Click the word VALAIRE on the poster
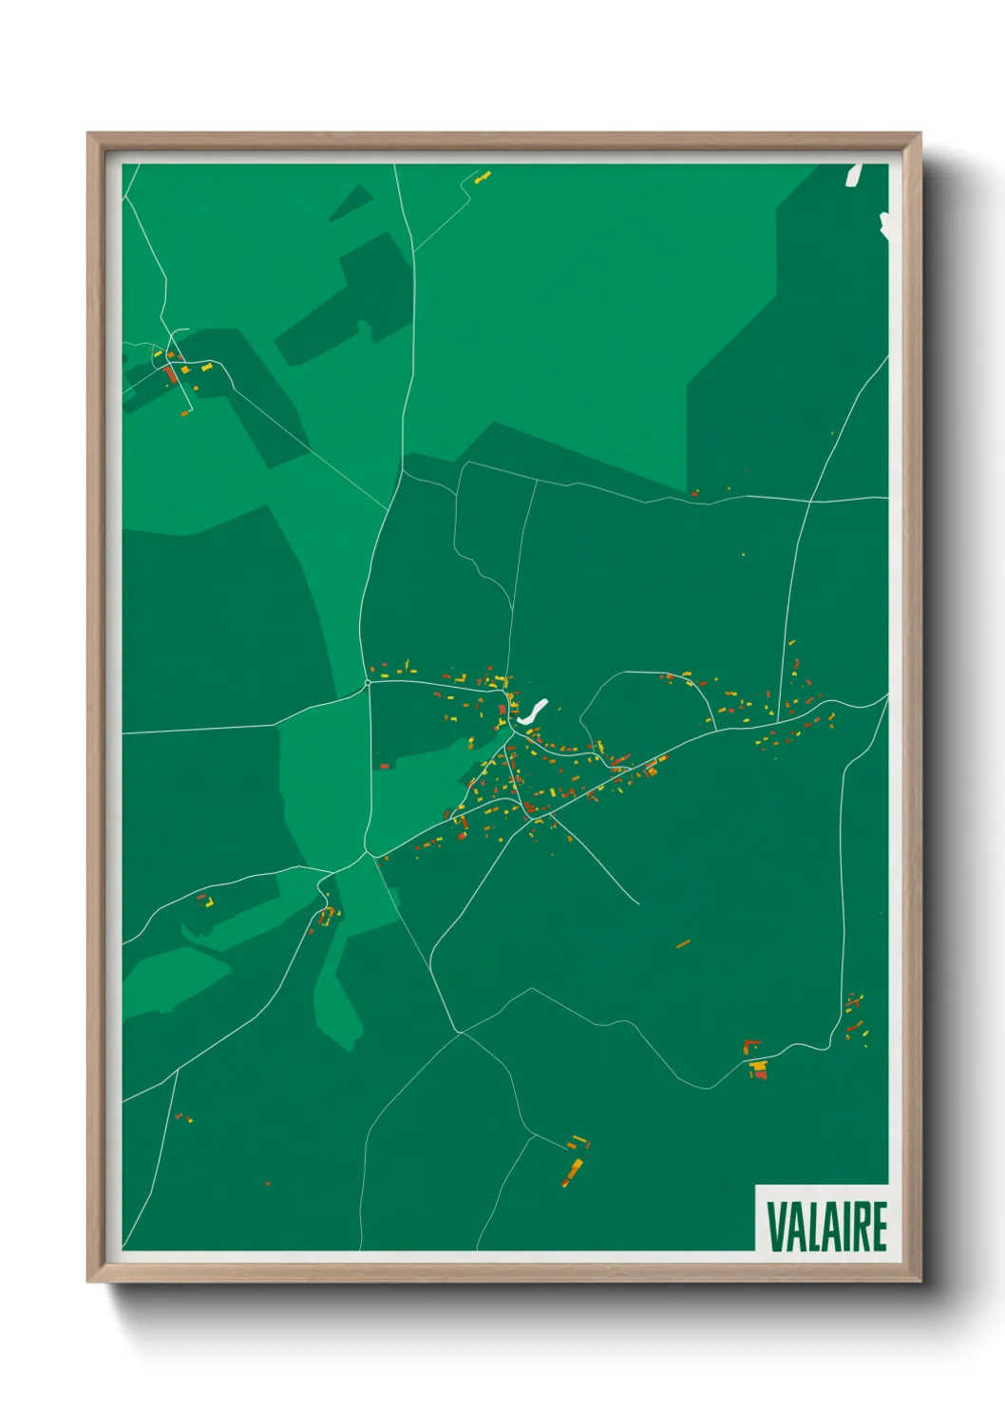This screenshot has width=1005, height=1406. point(826,1225)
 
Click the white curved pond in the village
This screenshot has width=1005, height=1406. point(532,712)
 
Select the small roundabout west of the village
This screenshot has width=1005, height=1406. point(368,682)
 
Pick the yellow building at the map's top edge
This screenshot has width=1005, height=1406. point(483,177)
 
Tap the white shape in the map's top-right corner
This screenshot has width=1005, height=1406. point(853,175)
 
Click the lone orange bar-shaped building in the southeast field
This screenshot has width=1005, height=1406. point(683,943)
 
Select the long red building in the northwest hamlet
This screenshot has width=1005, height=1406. point(172,374)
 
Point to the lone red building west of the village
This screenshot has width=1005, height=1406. point(385,766)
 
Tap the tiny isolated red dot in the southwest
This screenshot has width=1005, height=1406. point(268,1184)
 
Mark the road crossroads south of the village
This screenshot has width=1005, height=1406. point(460,1033)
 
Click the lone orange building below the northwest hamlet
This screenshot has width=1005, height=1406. point(185,411)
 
